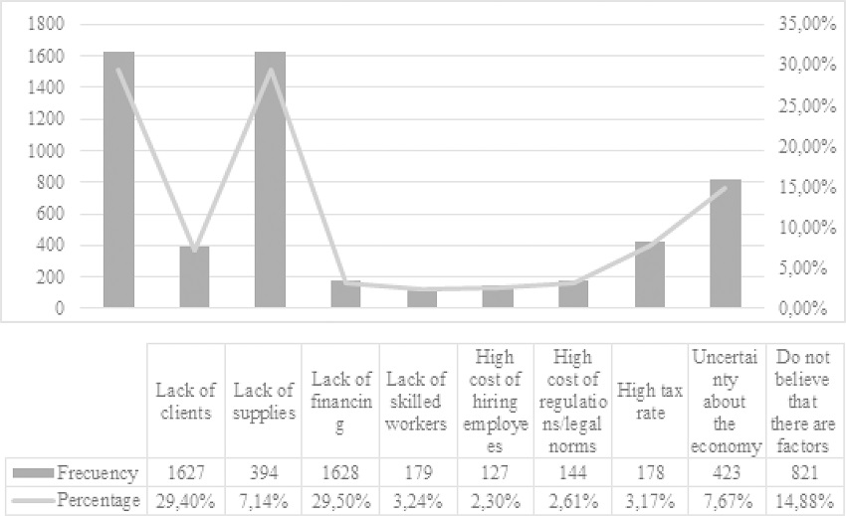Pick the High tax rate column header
pos(651,402)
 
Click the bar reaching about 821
pos(725,244)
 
